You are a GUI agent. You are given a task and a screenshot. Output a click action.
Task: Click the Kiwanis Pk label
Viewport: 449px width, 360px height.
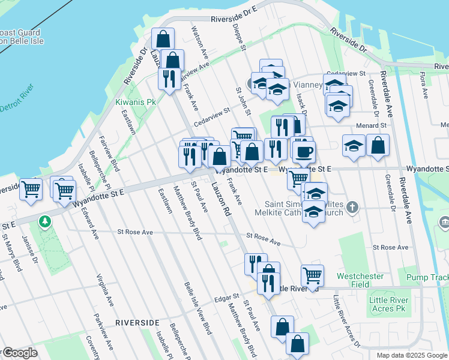coord(136,102)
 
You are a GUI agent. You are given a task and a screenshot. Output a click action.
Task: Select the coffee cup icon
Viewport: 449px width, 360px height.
coord(304,152)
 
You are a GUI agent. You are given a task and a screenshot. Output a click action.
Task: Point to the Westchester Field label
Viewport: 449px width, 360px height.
coord(360,281)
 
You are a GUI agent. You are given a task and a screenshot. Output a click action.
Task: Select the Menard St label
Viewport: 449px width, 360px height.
coord(373,125)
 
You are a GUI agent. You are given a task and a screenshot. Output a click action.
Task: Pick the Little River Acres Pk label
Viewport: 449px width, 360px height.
coord(388,304)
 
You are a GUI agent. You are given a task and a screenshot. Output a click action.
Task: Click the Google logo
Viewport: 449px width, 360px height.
coord(20,353)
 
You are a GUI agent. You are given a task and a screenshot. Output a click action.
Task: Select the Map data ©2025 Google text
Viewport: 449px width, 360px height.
coord(411,355)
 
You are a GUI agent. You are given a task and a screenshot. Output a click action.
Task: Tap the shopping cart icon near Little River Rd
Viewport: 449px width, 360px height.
coord(312,275)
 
